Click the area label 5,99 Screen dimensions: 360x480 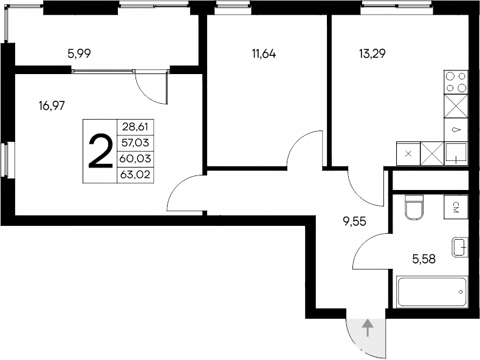point(80,53)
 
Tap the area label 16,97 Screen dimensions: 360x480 point(51,105)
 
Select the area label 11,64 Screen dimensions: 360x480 point(264,53)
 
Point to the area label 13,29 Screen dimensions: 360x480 point(372,53)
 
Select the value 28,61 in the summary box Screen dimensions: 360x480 point(135,127)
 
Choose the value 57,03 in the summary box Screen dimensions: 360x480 point(135,143)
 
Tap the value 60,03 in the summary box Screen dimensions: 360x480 point(135,159)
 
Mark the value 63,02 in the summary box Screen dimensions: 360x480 point(135,175)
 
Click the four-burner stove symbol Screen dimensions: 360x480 point(456,83)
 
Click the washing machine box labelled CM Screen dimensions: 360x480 point(456,208)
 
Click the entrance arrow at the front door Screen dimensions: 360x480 point(367,328)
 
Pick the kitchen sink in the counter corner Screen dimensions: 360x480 point(456,153)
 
